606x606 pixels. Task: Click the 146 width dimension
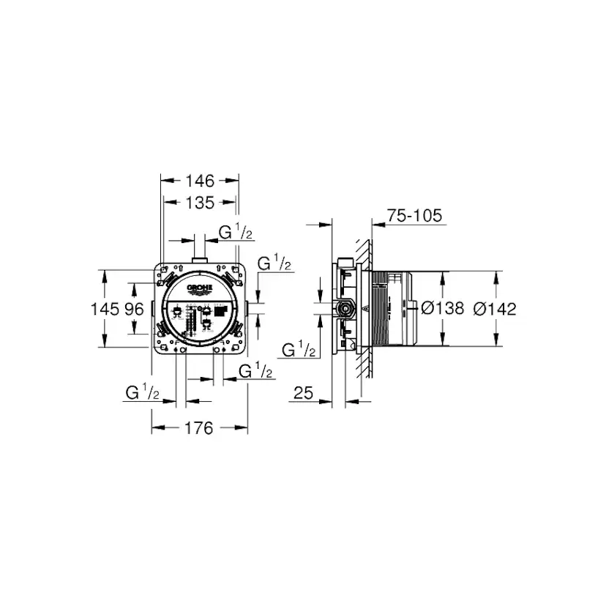click(x=199, y=180)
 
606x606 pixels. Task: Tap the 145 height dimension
click(x=104, y=309)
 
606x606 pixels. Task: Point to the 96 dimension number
click(x=134, y=309)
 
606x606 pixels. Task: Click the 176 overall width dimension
click(x=199, y=428)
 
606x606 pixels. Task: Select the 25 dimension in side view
click(x=304, y=394)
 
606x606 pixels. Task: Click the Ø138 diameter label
click(x=444, y=309)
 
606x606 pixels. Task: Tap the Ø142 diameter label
click(x=495, y=309)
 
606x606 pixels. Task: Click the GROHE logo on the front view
click(x=200, y=288)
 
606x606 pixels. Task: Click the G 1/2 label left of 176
click(x=143, y=393)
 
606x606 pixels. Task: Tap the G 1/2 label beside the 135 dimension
click(x=236, y=233)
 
